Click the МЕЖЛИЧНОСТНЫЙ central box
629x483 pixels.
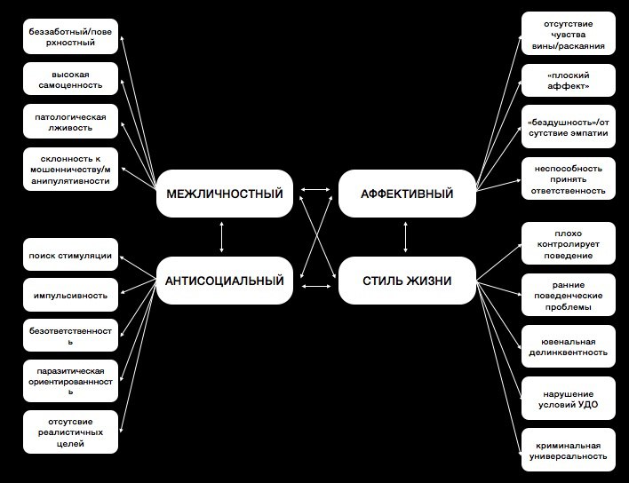[x=224, y=194]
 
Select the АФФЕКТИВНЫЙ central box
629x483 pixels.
[x=407, y=194]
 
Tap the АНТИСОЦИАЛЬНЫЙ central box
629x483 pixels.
[x=224, y=281]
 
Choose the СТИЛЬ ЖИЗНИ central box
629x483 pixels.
[x=407, y=281]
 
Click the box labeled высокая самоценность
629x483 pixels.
[x=70, y=80]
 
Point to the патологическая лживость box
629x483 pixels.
[x=70, y=123]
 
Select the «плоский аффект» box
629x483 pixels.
[x=569, y=81]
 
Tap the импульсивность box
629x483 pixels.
[x=70, y=295]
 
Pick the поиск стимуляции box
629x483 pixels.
[x=70, y=256]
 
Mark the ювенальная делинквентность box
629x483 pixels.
[x=569, y=346]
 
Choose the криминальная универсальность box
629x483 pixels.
[x=569, y=450]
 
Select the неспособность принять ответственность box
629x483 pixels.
[x=569, y=178]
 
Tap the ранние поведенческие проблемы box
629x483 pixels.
[x=569, y=296]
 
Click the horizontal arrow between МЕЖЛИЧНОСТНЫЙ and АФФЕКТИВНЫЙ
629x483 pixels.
[x=314, y=190]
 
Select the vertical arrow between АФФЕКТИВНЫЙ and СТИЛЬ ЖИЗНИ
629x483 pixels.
[x=406, y=237]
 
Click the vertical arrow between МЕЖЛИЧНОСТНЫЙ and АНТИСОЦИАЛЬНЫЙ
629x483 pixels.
[x=221, y=237]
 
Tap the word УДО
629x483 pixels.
[x=586, y=405]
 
